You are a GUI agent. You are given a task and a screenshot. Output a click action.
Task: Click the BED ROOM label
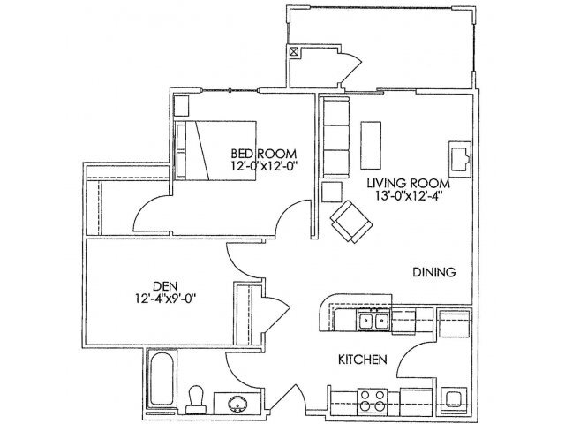tap(256, 150)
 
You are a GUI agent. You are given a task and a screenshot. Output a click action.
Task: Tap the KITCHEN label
tap(363, 360)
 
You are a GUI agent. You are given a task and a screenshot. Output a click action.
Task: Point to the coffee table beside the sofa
tap(372, 142)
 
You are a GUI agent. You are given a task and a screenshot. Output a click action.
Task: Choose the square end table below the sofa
tap(333, 193)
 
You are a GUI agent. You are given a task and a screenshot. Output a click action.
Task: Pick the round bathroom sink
tap(237, 405)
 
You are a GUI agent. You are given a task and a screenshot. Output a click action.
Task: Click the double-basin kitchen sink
tap(373, 321)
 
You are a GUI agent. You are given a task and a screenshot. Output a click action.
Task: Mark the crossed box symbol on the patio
tap(294, 51)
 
